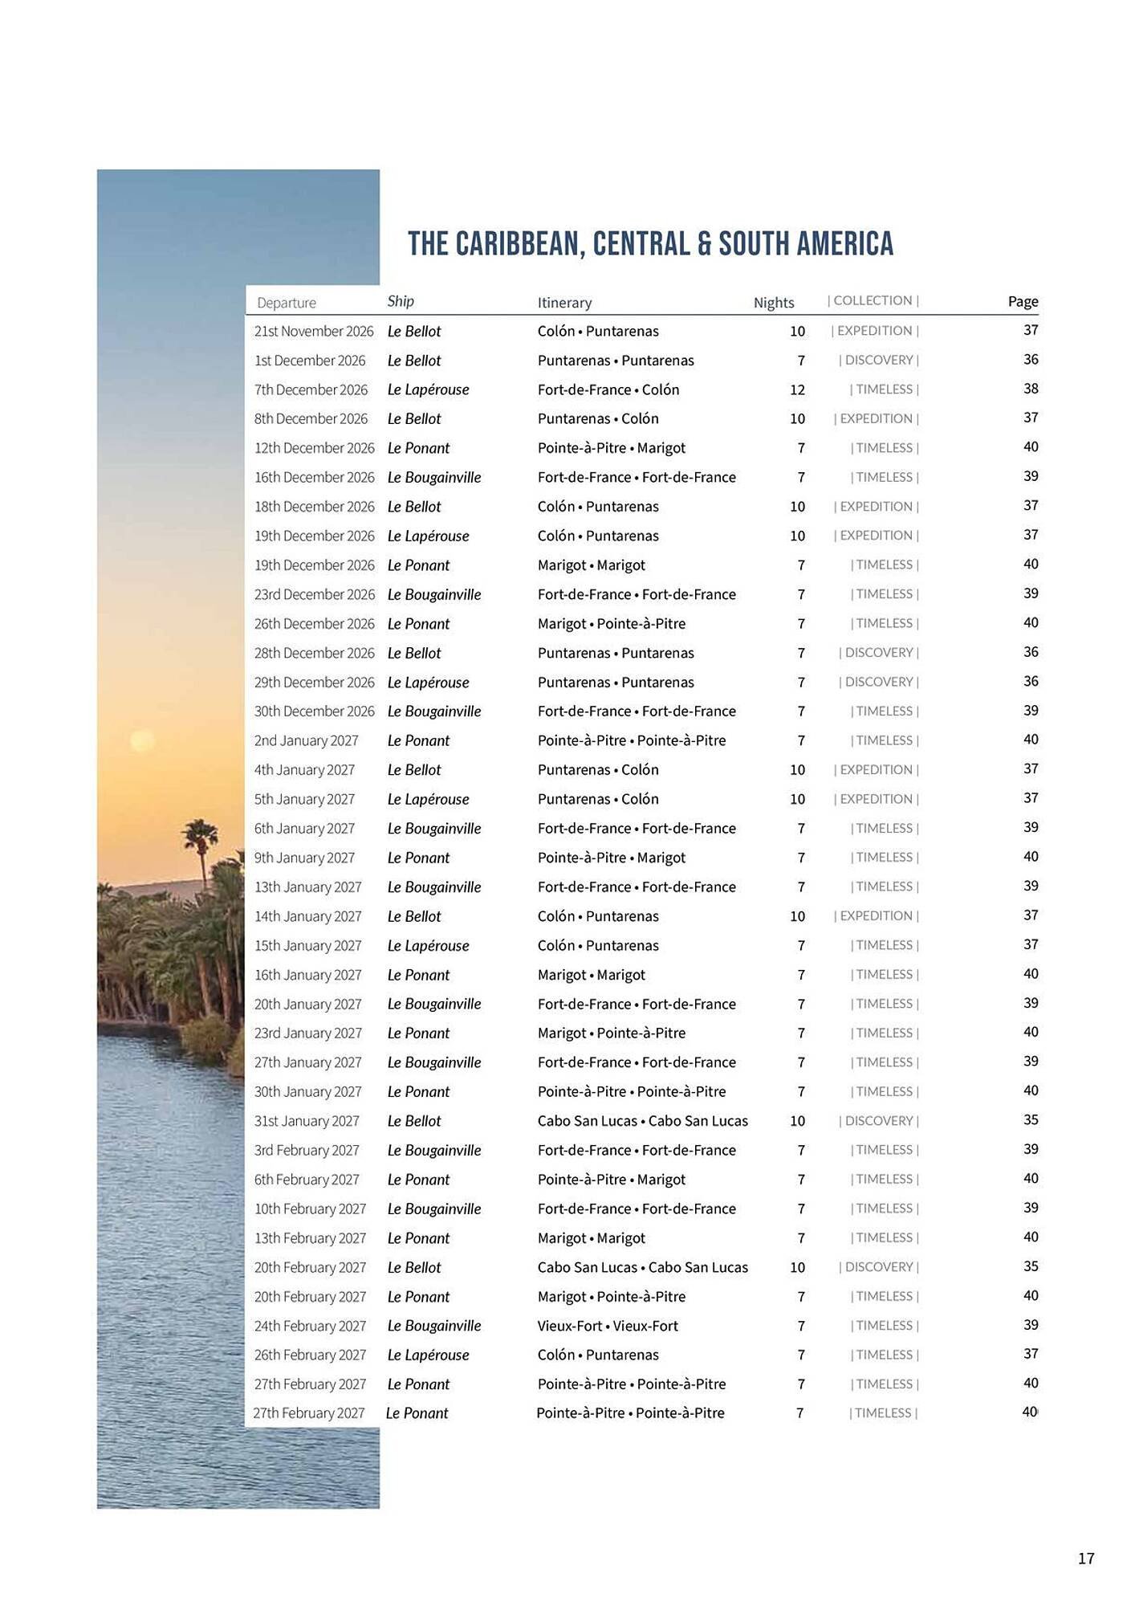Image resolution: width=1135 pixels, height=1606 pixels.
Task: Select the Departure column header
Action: pos(286,303)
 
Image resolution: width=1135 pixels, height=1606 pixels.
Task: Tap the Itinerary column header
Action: pos(564,303)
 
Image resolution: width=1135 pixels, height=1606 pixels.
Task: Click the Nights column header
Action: pos(773,303)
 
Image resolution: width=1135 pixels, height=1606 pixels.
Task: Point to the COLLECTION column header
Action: pos(873,300)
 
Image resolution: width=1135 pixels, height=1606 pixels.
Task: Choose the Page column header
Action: pos(1023,301)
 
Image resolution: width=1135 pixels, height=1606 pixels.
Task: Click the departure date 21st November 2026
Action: pos(314,331)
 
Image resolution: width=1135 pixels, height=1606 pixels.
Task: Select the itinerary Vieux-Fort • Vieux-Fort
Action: pos(608,1326)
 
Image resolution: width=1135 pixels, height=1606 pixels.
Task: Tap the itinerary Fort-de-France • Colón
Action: pos(608,389)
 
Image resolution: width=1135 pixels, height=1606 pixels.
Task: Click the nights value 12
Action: pos(797,390)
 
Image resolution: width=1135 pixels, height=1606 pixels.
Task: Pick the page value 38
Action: pos(1031,389)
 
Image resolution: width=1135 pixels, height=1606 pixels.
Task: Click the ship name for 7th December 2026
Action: pos(428,389)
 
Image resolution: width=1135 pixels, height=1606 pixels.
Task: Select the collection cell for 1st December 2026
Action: pos(879,360)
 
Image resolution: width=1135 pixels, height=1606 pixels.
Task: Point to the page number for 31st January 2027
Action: pos(1031,1119)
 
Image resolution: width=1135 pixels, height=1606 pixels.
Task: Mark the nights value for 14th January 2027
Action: pos(797,916)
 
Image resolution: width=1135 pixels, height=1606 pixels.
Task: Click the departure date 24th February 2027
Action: pos(310,1326)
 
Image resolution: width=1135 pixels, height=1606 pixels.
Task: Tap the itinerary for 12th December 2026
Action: pos(612,448)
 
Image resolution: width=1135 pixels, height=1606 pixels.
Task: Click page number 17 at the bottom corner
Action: pos(1086,1559)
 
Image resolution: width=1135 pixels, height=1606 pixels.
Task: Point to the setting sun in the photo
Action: pos(141,740)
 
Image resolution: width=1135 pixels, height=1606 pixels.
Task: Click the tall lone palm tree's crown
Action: pos(199,834)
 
